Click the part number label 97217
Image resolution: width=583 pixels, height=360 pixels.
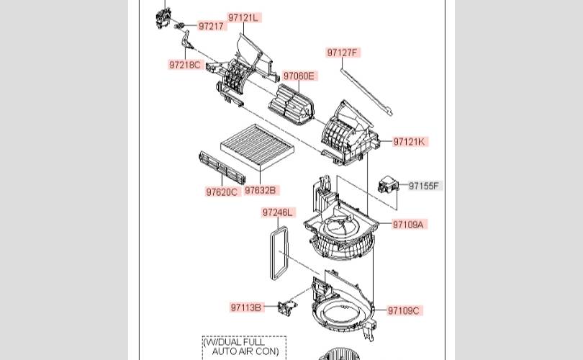[x=211, y=26]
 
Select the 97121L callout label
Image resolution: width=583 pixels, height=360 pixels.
[x=244, y=17]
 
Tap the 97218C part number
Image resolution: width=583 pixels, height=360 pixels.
[x=185, y=65]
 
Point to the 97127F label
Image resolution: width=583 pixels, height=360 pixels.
[x=343, y=53]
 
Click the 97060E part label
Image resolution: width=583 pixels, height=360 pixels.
[x=299, y=76]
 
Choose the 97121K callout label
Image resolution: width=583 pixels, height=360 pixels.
[x=410, y=142]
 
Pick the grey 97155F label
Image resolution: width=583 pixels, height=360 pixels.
[x=425, y=186]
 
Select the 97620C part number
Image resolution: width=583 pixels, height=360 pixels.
[x=222, y=192]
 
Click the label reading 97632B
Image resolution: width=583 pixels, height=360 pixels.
[x=261, y=190]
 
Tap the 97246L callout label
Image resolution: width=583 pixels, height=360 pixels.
[x=279, y=212]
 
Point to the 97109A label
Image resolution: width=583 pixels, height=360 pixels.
[x=409, y=224]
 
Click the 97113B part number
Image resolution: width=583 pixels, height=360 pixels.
[x=246, y=307]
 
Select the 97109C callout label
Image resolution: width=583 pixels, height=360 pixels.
[x=405, y=310]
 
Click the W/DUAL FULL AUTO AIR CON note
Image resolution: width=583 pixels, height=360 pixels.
[x=244, y=346]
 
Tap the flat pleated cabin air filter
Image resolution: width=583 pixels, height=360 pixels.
[x=257, y=148]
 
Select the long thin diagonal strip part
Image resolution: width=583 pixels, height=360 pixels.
[x=366, y=92]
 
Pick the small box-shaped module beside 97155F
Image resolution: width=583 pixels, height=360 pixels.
[x=388, y=185]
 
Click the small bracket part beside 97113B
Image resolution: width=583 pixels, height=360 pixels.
[x=287, y=307]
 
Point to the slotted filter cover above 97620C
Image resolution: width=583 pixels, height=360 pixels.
[x=222, y=168]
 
